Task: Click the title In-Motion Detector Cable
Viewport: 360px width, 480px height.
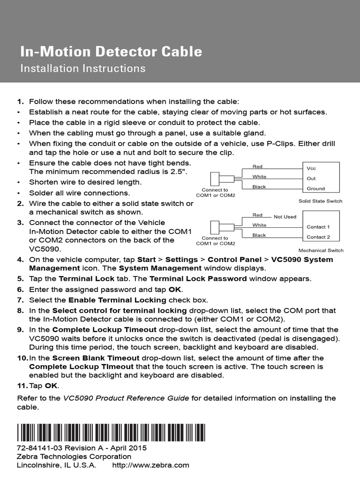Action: tap(111, 51)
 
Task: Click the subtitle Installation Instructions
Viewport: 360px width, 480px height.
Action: tap(82, 68)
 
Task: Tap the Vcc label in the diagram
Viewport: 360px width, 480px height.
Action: tap(311, 168)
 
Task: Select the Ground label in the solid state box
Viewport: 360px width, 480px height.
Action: tap(315, 188)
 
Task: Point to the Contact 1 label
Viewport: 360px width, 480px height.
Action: tap(318, 227)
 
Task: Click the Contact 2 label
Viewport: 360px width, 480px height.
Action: tap(318, 237)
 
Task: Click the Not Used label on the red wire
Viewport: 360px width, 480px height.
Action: tap(285, 217)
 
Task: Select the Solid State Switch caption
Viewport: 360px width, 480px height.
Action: tap(320, 201)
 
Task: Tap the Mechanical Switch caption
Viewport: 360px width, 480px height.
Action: tap(321, 250)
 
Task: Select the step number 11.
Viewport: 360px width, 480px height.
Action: tap(22, 385)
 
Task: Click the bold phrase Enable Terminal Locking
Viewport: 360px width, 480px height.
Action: tap(117, 300)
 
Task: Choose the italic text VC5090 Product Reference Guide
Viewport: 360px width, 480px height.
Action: tap(126, 398)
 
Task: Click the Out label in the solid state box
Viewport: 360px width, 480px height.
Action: tap(311, 178)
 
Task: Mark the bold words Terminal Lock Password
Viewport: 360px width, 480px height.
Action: tap(198, 278)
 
